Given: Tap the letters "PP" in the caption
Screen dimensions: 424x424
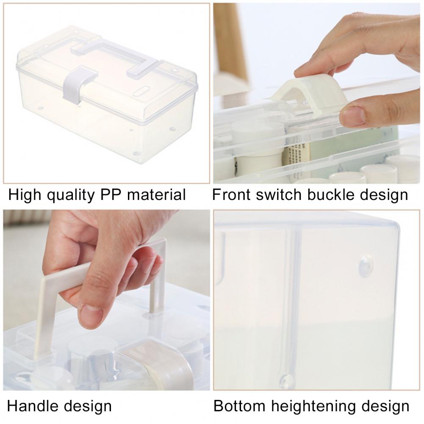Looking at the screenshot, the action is (x=110, y=194).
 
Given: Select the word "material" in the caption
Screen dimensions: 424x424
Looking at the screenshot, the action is (x=156, y=194).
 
